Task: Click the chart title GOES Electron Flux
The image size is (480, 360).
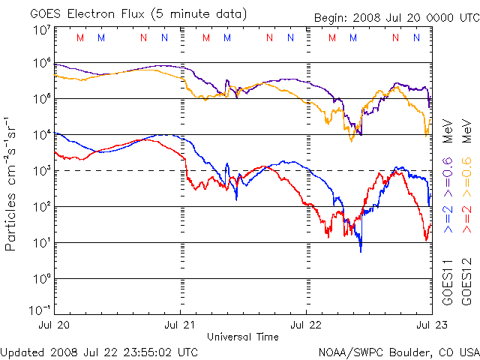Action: point(128,14)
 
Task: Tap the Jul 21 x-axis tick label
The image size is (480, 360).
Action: point(181,325)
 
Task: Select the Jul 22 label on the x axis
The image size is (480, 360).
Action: point(306,325)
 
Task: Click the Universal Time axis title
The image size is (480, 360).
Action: point(243,335)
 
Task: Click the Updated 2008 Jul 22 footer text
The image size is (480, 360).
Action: point(100,351)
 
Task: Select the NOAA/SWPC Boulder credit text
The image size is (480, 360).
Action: point(398,351)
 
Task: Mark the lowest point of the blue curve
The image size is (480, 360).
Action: point(361,251)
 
